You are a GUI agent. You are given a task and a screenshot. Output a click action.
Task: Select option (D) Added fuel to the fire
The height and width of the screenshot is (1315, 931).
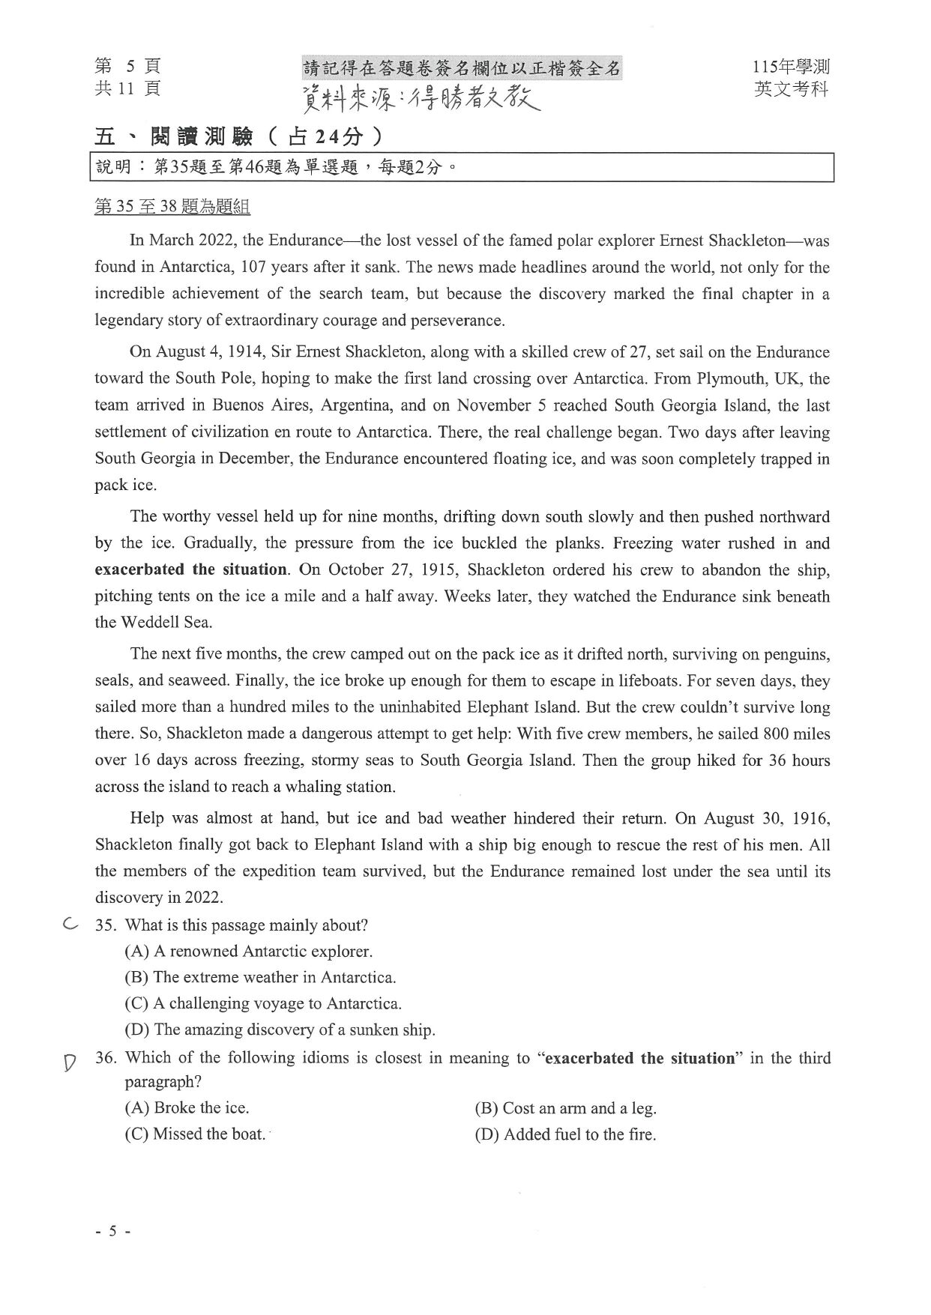click(x=565, y=1134)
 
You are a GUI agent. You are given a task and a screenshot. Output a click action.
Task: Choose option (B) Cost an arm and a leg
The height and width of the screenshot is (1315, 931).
click(x=565, y=1108)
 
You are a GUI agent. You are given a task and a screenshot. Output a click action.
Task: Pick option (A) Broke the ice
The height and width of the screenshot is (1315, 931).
click(x=187, y=1107)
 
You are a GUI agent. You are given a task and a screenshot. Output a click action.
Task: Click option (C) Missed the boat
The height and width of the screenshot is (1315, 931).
click(x=195, y=1134)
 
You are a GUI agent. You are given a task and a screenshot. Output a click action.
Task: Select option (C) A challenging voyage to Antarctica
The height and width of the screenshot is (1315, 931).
click(x=263, y=1003)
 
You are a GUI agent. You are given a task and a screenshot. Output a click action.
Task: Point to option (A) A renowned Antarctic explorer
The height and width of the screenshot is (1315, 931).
click(x=248, y=952)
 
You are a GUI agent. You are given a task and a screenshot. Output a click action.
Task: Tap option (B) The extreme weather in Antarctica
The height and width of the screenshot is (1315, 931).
click(x=260, y=977)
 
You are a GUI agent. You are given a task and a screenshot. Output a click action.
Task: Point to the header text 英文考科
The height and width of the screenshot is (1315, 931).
click(x=792, y=89)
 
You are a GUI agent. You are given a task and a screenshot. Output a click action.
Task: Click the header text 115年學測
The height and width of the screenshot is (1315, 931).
click(x=792, y=67)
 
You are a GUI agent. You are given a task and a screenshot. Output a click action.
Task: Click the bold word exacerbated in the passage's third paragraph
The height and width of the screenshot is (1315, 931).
click(x=140, y=569)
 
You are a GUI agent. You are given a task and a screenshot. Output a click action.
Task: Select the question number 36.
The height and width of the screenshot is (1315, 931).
click(x=106, y=1058)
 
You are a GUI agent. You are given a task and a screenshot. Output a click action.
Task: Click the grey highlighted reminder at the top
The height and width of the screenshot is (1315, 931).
click(x=462, y=69)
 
